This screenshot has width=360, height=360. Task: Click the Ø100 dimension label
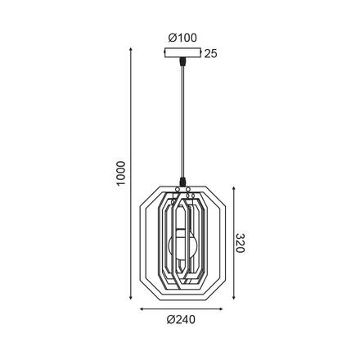(182, 38)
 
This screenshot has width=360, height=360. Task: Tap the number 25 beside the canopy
(211, 54)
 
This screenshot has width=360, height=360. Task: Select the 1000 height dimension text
(120, 173)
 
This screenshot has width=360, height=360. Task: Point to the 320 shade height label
(240, 243)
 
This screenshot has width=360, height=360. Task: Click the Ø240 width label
(181, 319)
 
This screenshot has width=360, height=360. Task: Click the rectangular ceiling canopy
(182, 53)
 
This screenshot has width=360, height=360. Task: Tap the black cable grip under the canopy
(182, 62)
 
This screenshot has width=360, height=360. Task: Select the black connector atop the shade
(182, 182)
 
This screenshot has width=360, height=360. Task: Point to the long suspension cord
(182, 122)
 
